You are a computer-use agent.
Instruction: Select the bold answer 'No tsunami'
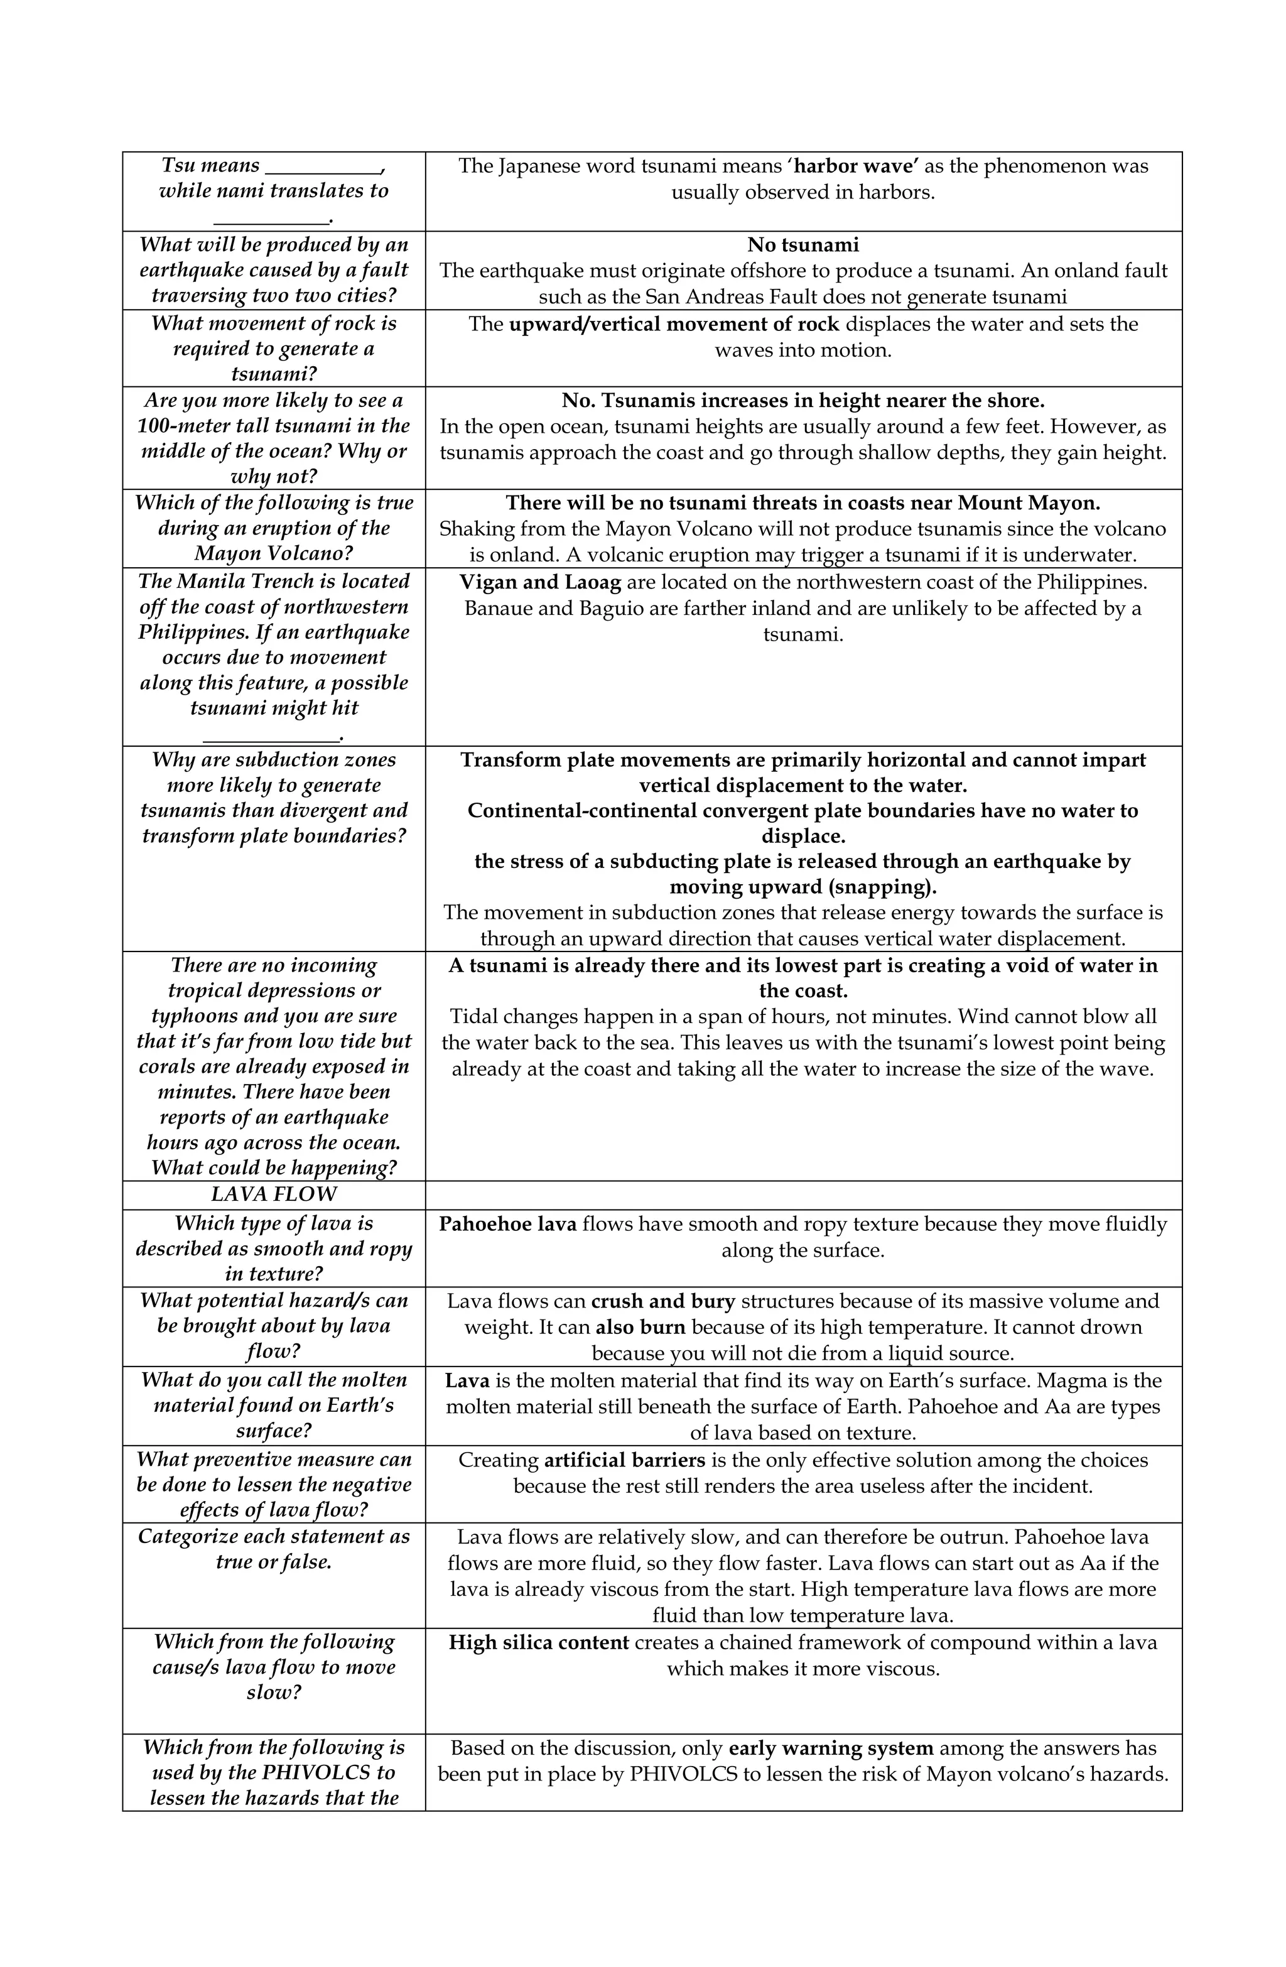pos(802,245)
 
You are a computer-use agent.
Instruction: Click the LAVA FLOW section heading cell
pos(274,1195)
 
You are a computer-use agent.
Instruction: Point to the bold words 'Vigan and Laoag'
pos(539,582)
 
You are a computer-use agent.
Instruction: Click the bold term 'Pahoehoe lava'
pos(507,1224)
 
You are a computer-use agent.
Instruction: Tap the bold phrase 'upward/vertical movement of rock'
pos(674,324)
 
